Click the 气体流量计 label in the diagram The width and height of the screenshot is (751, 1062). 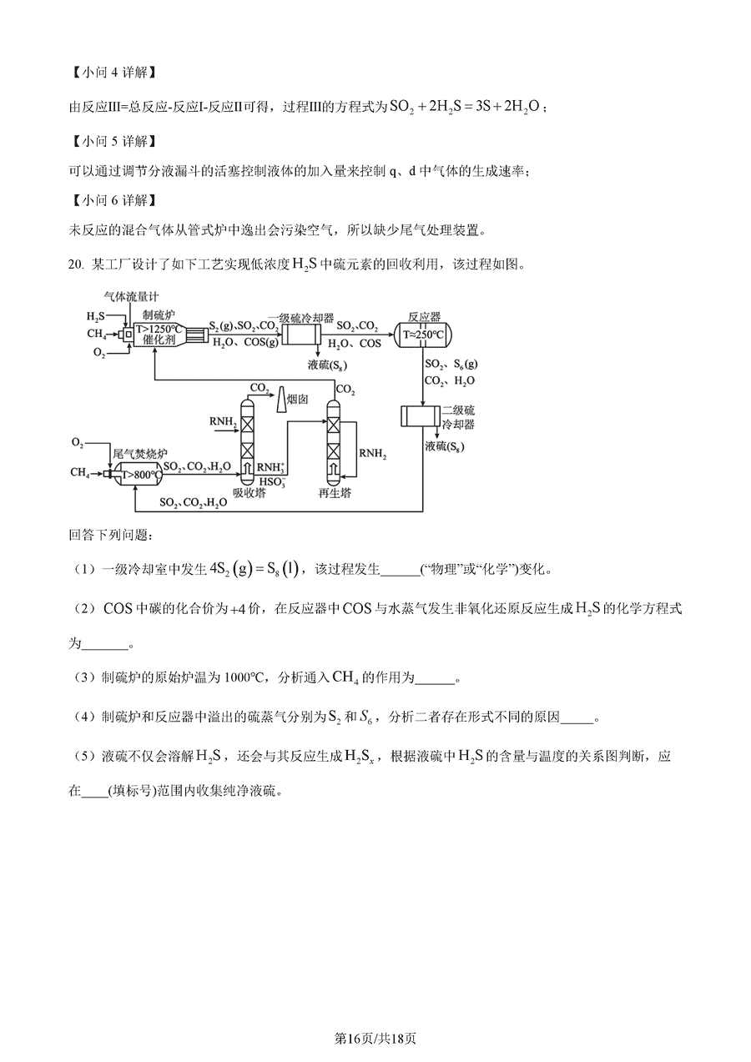pos(131,297)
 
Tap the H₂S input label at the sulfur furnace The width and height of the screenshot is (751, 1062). pos(95,316)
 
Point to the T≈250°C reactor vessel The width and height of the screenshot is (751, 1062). pos(423,335)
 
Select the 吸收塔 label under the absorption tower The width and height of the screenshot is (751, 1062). pos(249,493)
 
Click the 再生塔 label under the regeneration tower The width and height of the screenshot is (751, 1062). pos(335,493)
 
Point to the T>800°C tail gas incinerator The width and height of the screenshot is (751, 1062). pos(136,474)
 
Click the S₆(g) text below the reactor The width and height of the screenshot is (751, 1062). pos(465,364)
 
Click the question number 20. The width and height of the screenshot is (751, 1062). pos(76,264)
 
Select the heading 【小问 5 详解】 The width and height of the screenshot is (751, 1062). pos(113,141)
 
